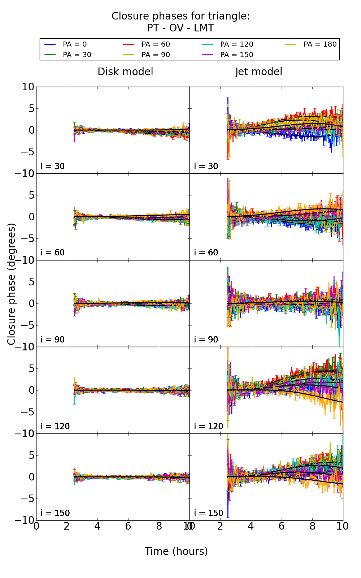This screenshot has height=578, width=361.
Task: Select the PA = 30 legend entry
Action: (x=77, y=55)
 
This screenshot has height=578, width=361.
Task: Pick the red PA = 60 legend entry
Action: (x=155, y=44)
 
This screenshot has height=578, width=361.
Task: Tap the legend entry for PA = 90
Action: (x=155, y=55)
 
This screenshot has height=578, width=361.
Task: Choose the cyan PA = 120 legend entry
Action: (x=236, y=44)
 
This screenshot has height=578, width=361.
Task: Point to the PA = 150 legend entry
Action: (x=236, y=55)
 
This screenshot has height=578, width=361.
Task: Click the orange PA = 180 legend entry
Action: (x=320, y=44)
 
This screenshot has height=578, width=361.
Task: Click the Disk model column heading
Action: (x=125, y=72)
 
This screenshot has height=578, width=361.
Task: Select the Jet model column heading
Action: (x=258, y=72)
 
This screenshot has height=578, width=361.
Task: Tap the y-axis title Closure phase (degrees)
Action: (x=12, y=284)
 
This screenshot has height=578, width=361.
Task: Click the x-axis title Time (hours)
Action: (x=176, y=552)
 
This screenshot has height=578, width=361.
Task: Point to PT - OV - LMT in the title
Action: (x=180, y=28)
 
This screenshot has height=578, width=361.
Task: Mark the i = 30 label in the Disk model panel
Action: (x=53, y=166)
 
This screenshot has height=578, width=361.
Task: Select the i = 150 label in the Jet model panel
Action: (x=209, y=513)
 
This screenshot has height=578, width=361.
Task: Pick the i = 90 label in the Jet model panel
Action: (x=206, y=340)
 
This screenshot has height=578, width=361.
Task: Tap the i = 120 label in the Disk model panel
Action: (x=55, y=426)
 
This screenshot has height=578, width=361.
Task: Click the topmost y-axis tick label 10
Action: (x=28, y=87)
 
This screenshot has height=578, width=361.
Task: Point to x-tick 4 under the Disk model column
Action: (x=97, y=526)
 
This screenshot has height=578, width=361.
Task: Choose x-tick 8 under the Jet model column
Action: (x=312, y=526)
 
